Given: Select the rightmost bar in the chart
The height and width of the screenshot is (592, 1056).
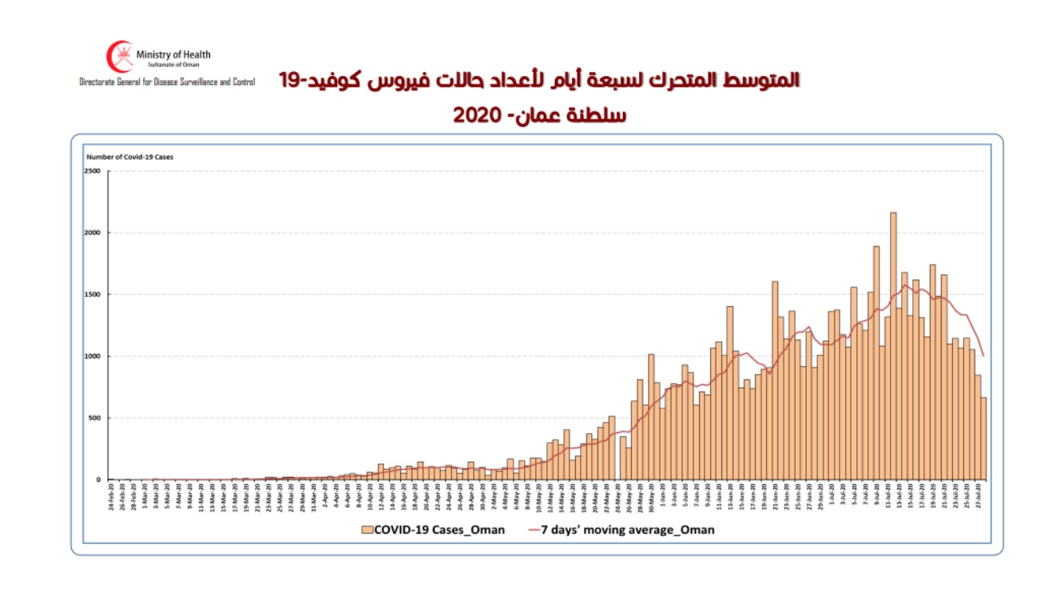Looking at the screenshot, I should (x=983, y=439).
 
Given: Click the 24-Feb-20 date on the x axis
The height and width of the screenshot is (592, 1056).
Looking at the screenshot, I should (x=111, y=499).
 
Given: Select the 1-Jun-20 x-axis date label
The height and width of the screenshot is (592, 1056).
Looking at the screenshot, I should (x=662, y=499).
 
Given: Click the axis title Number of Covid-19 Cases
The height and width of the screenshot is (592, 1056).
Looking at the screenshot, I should (x=129, y=157).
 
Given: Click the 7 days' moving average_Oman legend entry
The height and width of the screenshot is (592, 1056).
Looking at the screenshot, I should (x=621, y=529).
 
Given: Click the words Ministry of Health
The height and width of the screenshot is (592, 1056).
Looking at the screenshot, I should (x=173, y=54).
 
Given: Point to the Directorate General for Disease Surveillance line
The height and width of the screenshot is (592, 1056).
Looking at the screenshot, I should (x=167, y=82).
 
